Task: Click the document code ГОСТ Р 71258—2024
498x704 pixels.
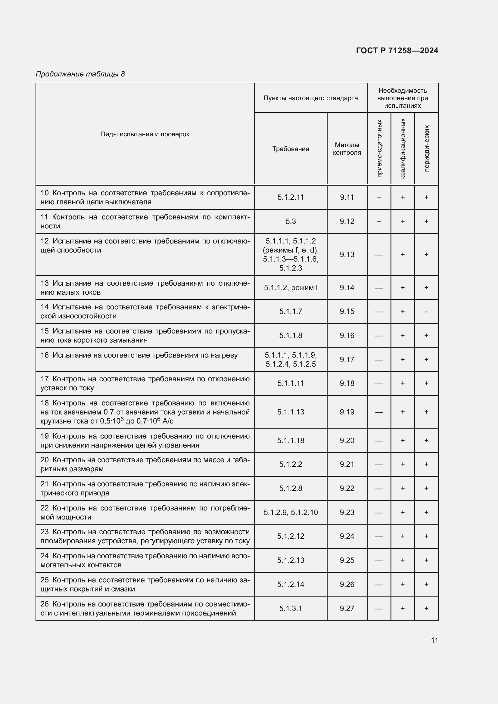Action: (x=397, y=51)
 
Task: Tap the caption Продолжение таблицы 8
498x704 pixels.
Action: (x=80, y=74)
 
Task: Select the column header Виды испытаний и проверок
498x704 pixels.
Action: (x=145, y=134)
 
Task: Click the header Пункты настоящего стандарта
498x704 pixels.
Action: (x=310, y=98)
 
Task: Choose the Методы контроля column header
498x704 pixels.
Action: (x=347, y=149)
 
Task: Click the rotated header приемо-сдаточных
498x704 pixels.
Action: (x=379, y=148)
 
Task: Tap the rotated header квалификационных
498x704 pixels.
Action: (x=403, y=148)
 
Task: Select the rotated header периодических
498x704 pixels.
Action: (x=426, y=148)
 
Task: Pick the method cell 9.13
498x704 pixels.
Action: (x=347, y=255)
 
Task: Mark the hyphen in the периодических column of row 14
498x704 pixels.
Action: (x=426, y=312)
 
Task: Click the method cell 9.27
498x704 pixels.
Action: (x=347, y=608)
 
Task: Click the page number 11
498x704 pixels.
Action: (x=434, y=640)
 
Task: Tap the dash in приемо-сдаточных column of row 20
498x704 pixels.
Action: (x=379, y=464)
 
